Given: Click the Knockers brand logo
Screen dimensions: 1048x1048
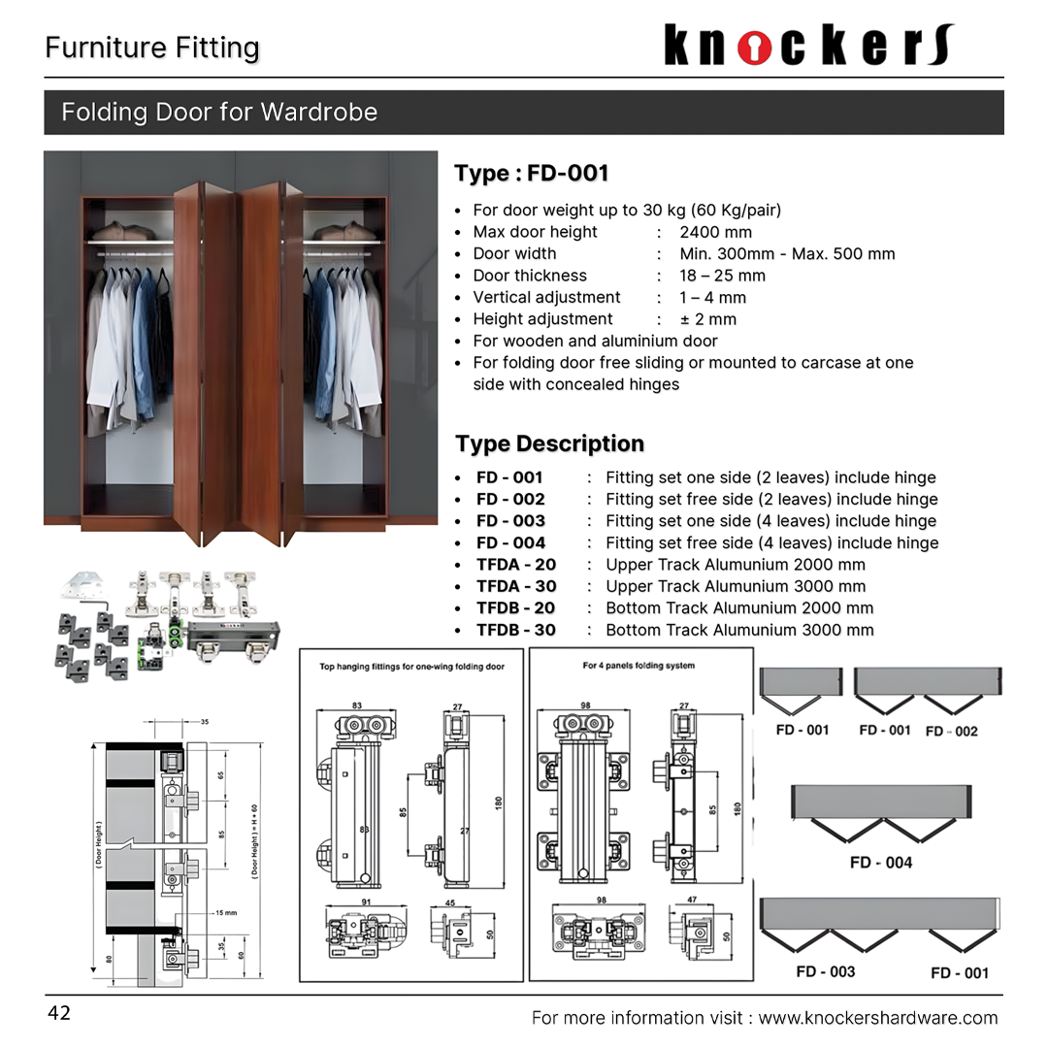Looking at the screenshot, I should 809,46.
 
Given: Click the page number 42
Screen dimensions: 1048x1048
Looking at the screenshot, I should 59,1014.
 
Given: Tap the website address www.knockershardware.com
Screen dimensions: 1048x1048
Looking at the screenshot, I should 877,1018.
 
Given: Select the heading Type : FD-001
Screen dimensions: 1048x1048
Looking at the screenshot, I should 532,174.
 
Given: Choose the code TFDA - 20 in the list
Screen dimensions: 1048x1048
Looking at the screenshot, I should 515,565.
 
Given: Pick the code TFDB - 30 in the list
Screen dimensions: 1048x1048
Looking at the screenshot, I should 515,630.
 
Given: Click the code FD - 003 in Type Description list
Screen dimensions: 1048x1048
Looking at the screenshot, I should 510,521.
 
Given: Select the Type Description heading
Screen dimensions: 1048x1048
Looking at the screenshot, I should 549,444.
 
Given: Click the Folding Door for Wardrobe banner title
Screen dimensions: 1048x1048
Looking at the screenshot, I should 219,113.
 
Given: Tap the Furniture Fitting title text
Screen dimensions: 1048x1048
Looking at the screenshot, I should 152,49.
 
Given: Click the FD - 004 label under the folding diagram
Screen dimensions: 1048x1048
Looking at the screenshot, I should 880,863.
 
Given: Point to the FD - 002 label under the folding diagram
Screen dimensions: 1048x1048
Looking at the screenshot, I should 951,732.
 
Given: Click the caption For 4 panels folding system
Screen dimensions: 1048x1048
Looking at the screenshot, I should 639,666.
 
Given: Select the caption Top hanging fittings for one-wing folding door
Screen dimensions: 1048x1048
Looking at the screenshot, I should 412,667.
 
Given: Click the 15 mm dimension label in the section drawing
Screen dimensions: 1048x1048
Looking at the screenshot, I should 225,913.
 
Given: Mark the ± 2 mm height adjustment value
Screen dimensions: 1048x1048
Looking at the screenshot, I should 707,319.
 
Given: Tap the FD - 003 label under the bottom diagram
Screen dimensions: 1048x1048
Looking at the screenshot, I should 825,971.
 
